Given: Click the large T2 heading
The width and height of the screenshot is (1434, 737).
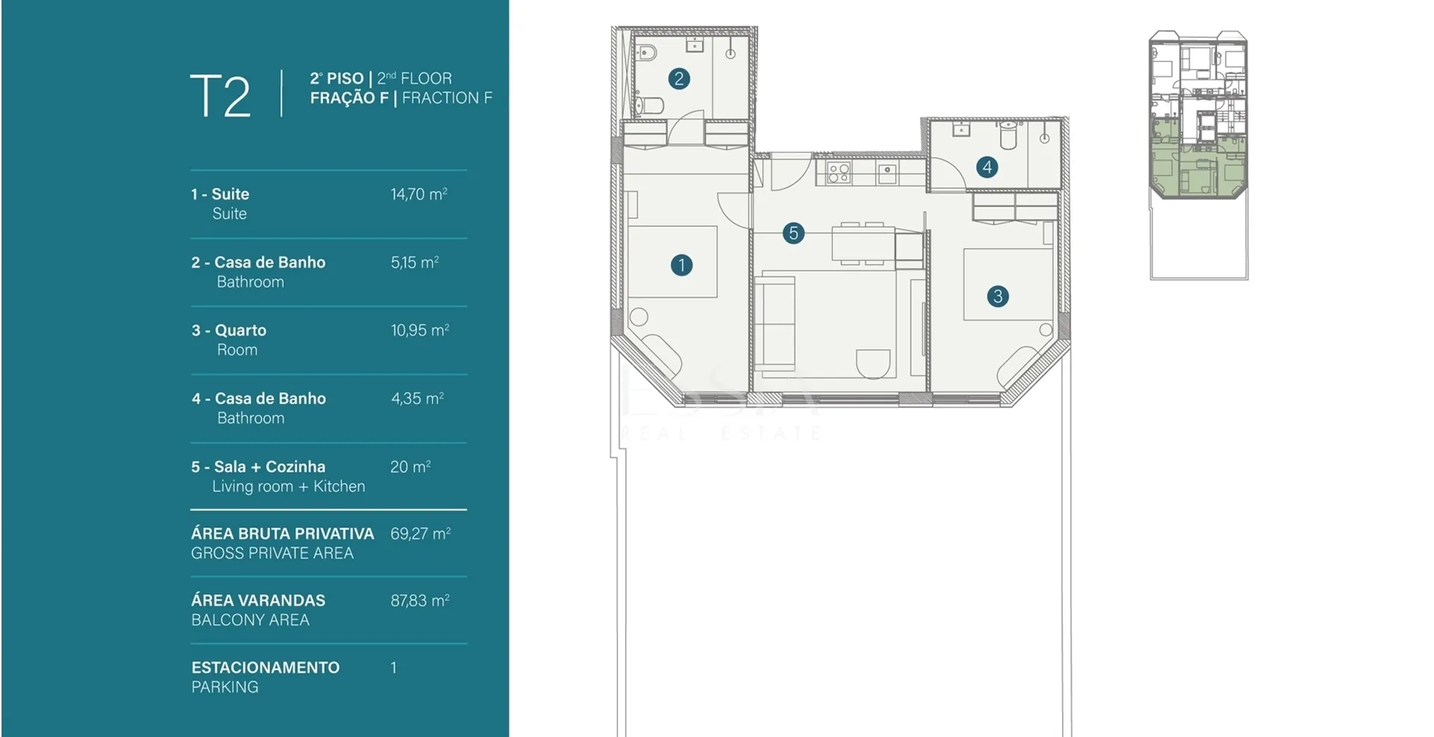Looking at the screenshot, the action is click(x=220, y=96).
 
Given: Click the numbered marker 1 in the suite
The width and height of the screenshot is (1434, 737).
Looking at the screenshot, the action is click(x=681, y=265).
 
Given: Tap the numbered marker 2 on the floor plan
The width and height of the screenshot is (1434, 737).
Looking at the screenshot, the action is click(x=679, y=78).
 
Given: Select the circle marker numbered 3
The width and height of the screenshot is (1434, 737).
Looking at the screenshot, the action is click(x=998, y=296).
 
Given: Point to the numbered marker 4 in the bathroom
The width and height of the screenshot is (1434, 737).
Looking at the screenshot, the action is click(x=987, y=167).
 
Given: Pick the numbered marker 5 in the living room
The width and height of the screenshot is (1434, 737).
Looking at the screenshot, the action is click(x=793, y=233).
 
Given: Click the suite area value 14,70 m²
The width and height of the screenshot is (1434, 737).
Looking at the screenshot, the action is click(x=419, y=194).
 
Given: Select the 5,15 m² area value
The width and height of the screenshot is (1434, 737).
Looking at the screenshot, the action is click(x=415, y=263).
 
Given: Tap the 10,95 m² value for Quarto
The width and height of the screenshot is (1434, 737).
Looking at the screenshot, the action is click(x=420, y=330).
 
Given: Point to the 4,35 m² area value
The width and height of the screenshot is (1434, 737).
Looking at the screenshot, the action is click(x=418, y=399).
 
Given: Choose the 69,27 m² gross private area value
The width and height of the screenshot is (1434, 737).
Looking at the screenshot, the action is click(x=420, y=534).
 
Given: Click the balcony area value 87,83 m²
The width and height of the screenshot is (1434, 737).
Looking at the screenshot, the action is click(x=420, y=600).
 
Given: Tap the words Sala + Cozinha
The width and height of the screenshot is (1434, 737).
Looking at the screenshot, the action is click(x=270, y=467).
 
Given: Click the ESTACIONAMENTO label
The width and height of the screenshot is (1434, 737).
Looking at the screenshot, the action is click(x=265, y=668).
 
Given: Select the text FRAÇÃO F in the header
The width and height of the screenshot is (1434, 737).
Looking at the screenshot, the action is click(x=349, y=98).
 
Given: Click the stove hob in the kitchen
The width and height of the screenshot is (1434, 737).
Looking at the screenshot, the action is click(x=839, y=173).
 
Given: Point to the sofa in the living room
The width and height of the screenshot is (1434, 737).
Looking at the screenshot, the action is click(x=775, y=323).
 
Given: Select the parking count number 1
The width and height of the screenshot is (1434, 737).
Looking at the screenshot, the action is click(x=394, y=668).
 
